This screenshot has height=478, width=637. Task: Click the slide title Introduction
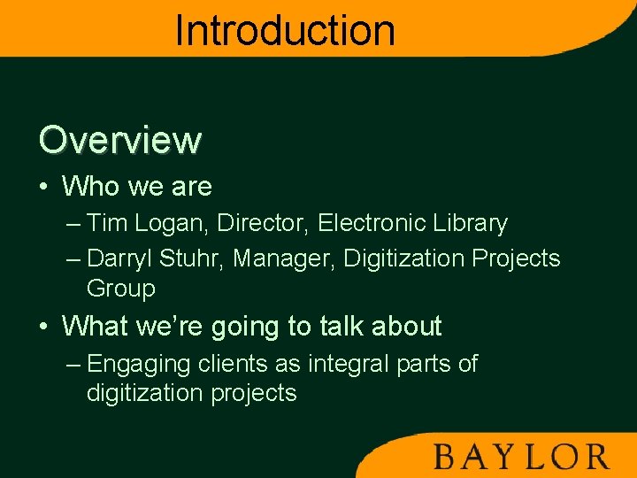(x=285, y=30)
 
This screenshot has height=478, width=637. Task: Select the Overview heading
(x=120, y=140)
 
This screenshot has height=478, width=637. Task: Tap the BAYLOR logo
(x=521, y=457)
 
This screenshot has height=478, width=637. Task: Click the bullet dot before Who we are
(x=43, y=187)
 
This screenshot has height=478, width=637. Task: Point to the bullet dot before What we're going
(x=43, y=327)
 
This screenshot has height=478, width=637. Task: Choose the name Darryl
(x=121, y=259)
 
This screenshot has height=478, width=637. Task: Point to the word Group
(x=121, y=289)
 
